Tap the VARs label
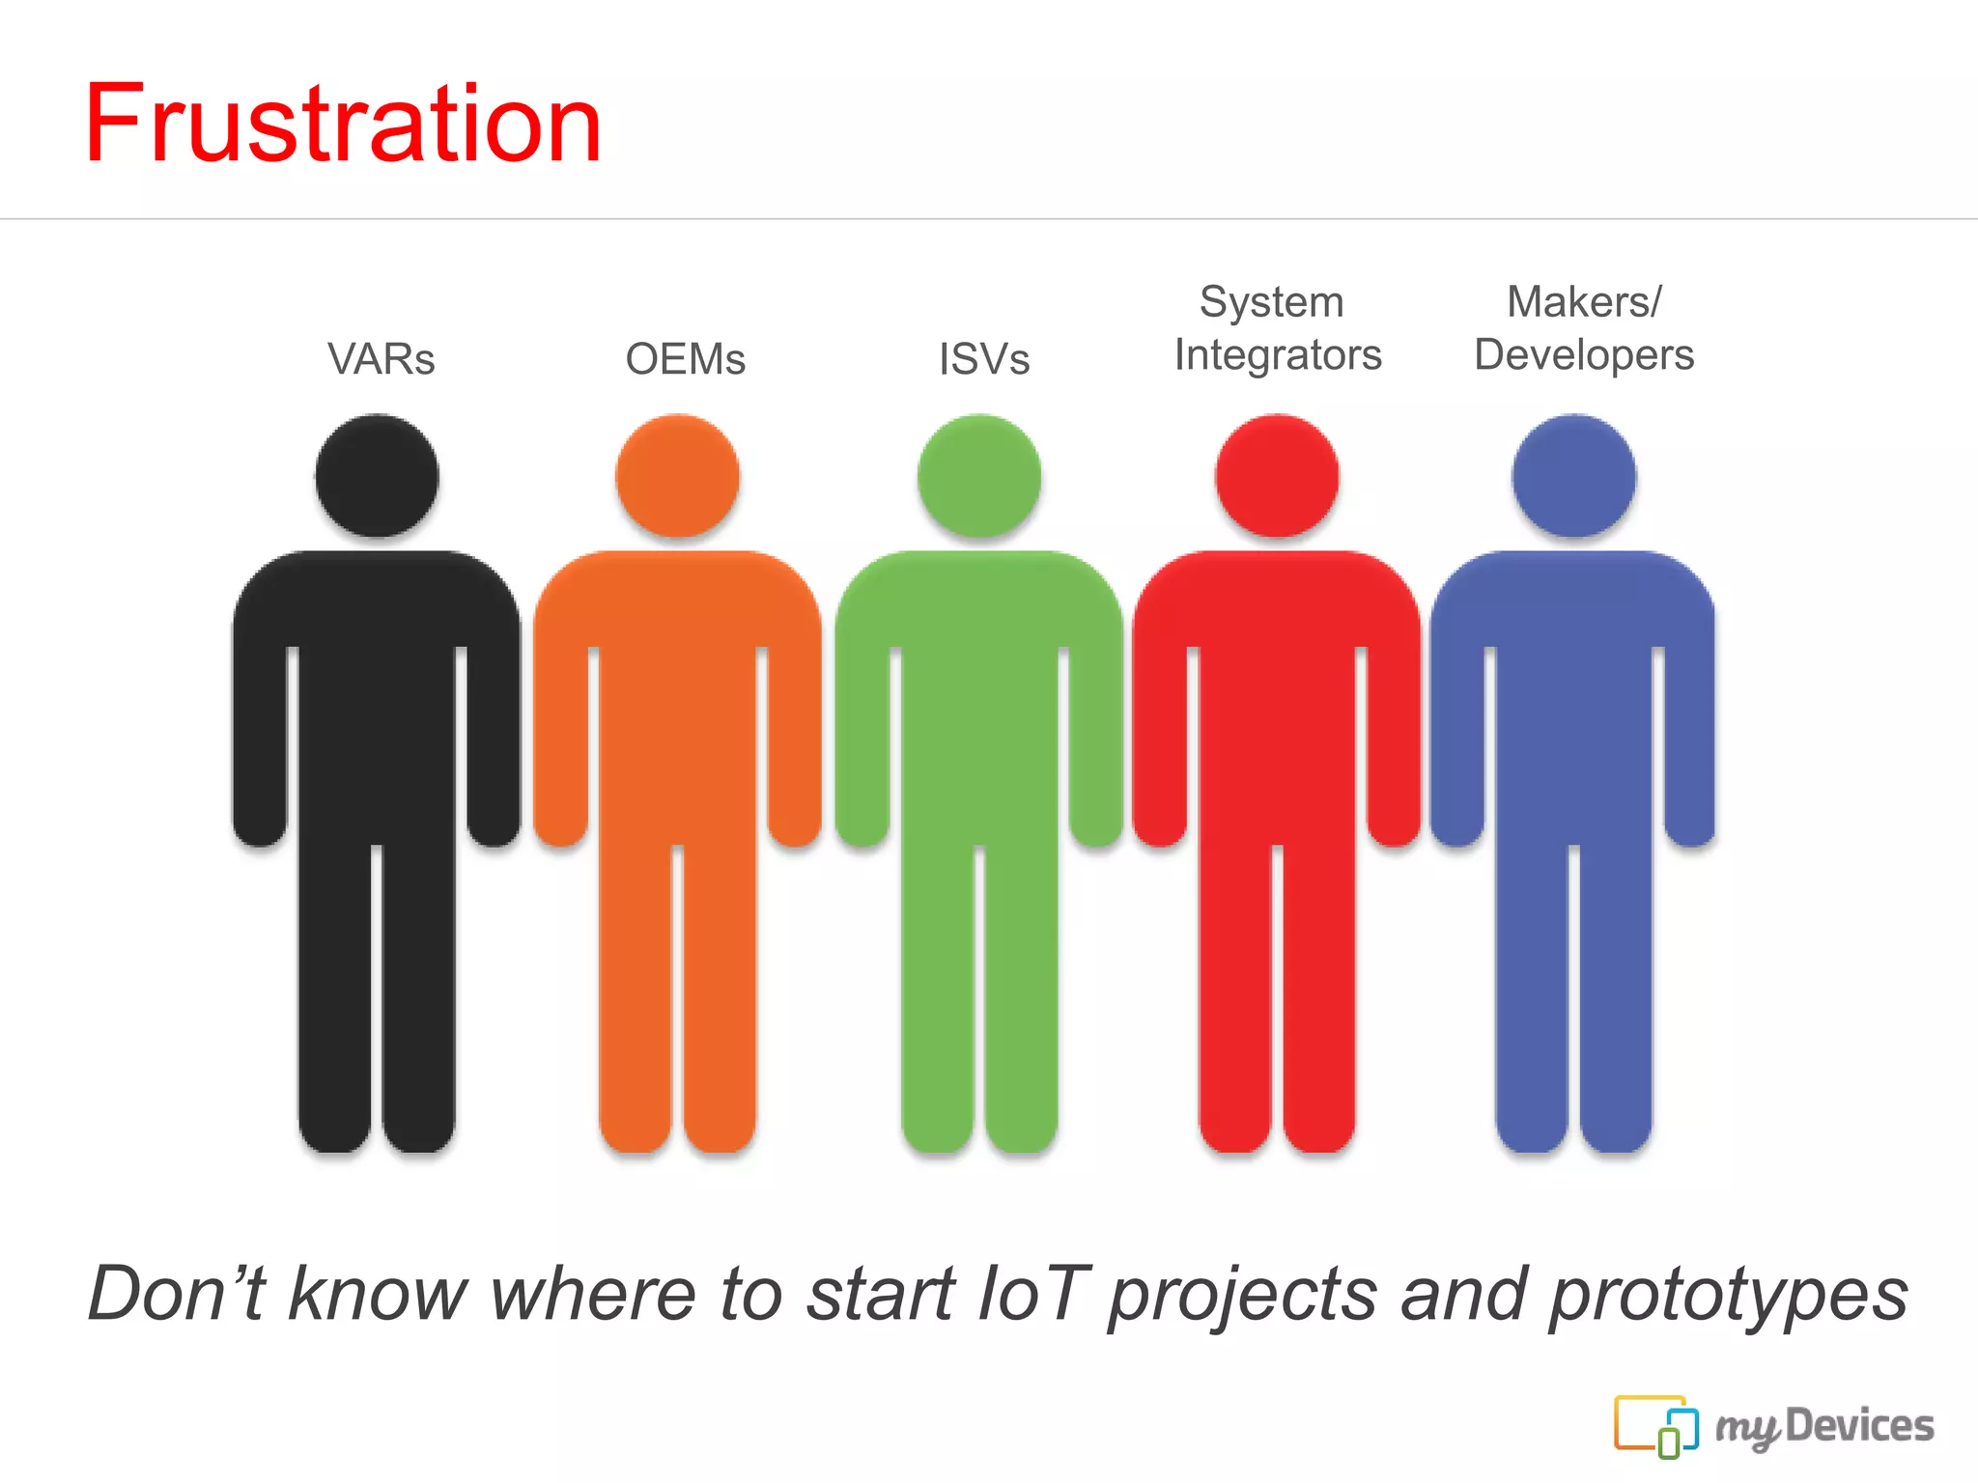pos(381,359)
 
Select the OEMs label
pos(686,359)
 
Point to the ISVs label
pos(984,359)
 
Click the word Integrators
pos(1278,355)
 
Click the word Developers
pos(1584,355)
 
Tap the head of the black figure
pos(377,475)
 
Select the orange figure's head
pos(677,475)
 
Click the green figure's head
pos(978,475)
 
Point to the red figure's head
pos(1277,475)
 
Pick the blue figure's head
pos(1573,475)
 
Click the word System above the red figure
pos(1271,302)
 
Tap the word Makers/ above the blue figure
pos(1584,302)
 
